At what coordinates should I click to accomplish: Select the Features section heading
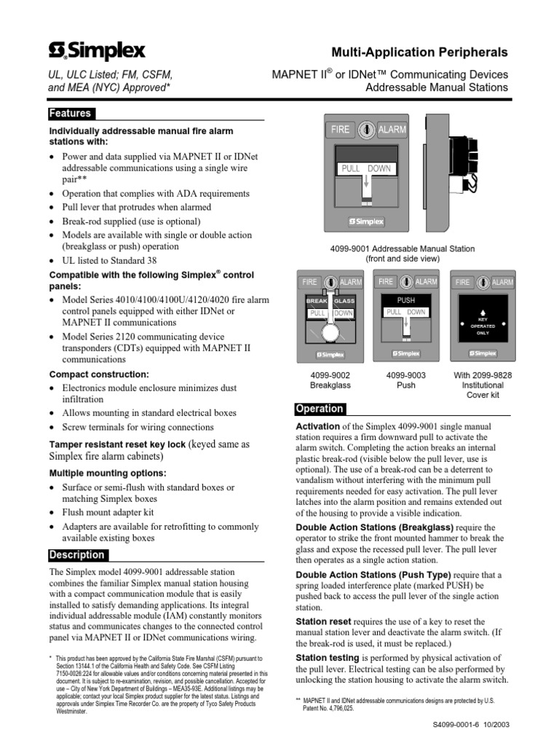coord(70,114)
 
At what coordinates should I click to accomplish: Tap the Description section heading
coord(77,555)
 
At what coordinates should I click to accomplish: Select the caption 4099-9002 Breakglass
coord(330,380)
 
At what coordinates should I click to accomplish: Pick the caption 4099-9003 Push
coord(405,380)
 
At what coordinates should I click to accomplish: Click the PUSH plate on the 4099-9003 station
coord(405,300)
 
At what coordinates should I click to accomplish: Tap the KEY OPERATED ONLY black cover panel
coord(483,320)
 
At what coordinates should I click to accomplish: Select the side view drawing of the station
coord(451,175)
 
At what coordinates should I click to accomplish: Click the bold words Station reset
coord(323,621)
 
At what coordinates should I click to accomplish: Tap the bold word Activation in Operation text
coord(317,426)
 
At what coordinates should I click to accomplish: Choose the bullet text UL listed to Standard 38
coord(109,260)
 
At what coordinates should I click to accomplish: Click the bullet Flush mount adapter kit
coord(108,512)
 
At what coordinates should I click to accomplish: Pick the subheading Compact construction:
coord(98,374)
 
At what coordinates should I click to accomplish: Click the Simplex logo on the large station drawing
coord(367,221)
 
